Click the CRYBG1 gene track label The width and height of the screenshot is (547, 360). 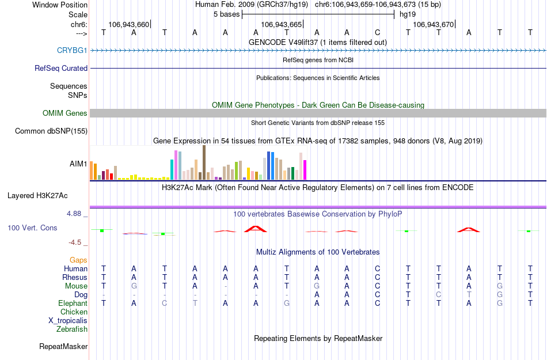pos(72,51)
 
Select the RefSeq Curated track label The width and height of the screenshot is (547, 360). pos(61,68)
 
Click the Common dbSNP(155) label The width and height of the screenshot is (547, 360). pos(51,131)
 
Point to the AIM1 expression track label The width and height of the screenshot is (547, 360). pos(78,164)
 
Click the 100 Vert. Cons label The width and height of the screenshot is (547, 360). pos(32,228)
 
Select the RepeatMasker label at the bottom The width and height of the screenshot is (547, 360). pos(63,347)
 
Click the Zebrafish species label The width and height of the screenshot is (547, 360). pos(72,329)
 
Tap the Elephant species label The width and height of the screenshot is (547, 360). pos(73,304)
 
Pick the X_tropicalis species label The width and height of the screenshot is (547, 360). pos(68,321)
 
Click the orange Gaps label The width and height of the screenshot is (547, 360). pos(78,260)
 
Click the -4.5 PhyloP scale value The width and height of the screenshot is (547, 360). pos(77,242)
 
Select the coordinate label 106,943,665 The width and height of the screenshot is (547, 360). pos(281,25)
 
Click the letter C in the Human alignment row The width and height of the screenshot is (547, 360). pos(377,269)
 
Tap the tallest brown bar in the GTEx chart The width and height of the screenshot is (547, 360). pos(204,162)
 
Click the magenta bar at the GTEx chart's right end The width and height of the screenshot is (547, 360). pos(305,170)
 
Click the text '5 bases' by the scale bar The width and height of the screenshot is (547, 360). pos(225,14)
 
